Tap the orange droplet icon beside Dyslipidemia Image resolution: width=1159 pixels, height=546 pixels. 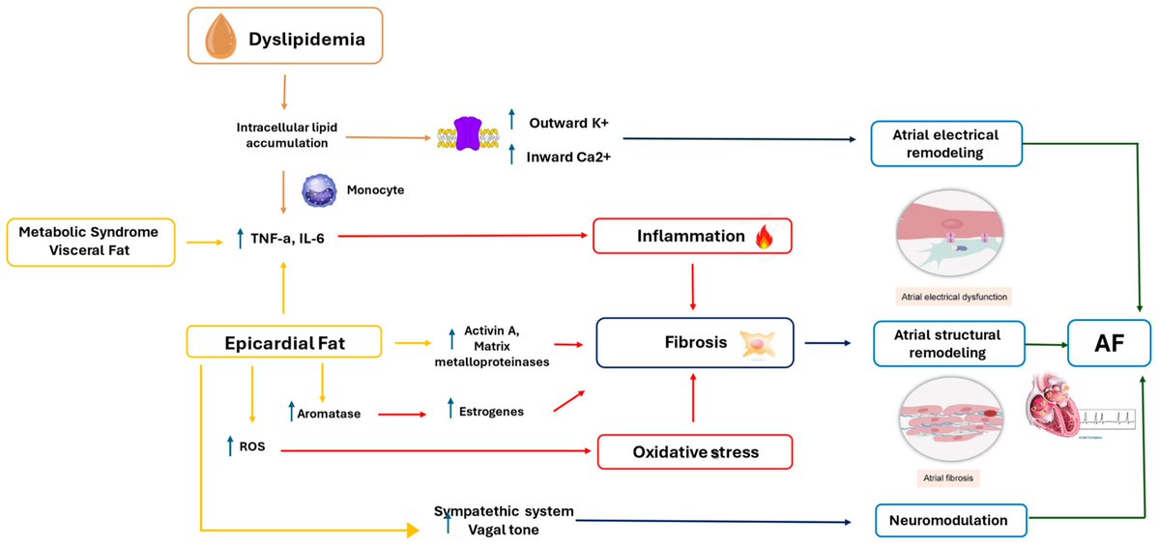(218, 36)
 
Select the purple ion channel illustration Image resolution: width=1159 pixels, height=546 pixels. (466, 135)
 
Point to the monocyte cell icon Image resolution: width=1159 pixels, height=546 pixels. (318, 190)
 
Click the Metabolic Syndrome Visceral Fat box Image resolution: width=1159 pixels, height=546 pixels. (90, 242)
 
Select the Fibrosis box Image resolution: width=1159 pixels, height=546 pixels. (693, 342)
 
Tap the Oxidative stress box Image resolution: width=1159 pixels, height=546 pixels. (694, 451)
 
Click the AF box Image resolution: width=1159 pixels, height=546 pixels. (1110, 342)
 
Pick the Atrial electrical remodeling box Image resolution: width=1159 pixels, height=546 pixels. (934, 143)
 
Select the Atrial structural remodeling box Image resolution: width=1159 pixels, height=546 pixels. (934, 342)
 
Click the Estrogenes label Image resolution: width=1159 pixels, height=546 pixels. (491, 411)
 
